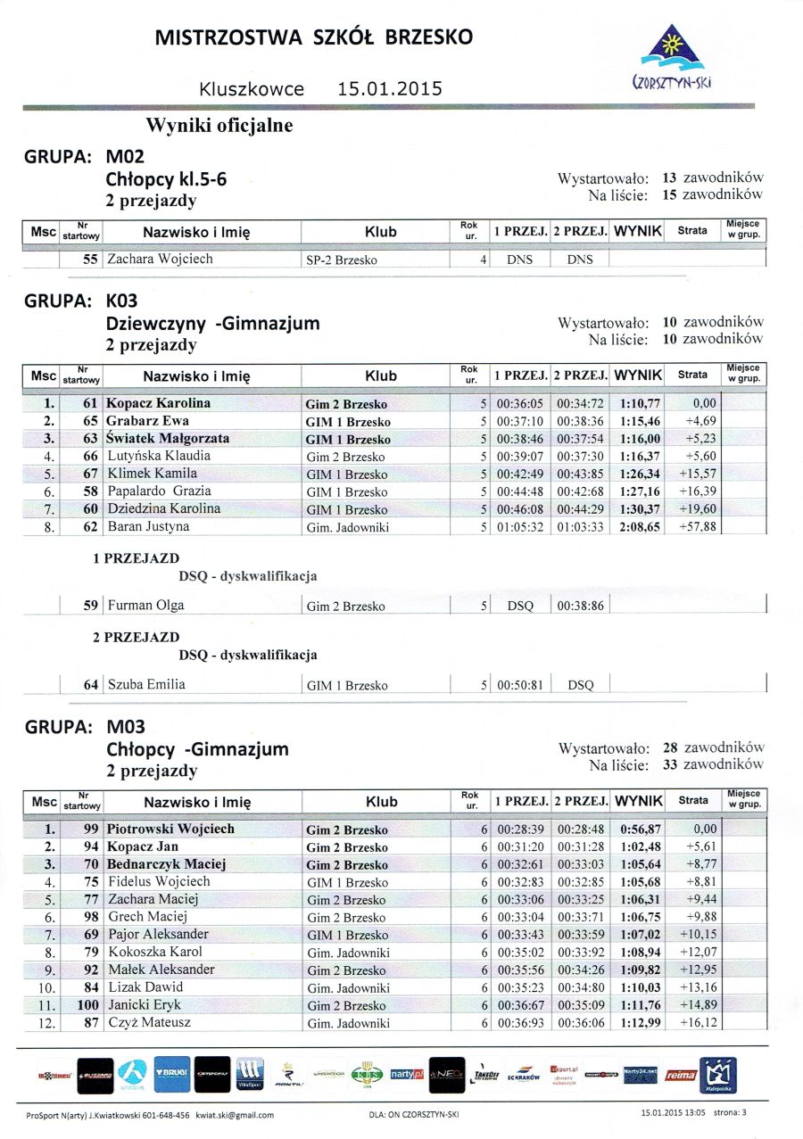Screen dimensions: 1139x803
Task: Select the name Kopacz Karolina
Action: coord(158,403)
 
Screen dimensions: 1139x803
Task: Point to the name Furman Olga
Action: coord(145,606)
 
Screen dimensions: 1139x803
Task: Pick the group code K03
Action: coord(128,301)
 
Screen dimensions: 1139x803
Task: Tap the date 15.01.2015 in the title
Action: coord(390,89)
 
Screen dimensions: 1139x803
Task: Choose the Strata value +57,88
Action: coord(697,527)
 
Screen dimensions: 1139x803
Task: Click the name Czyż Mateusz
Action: coord(149,1022)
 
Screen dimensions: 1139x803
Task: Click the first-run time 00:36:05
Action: coord(520,403)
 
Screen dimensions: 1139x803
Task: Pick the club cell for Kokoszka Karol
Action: coord(348,953)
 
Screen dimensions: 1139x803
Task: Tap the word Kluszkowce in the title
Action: coord(252,89)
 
